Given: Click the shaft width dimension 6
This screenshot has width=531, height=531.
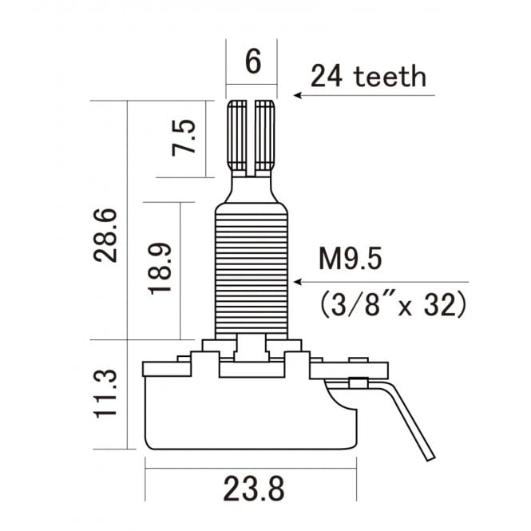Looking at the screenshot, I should pos(252,62).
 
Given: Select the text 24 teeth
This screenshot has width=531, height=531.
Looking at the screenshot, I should pos(368,77).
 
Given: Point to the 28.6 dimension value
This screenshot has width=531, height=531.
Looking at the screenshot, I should pos(105,236).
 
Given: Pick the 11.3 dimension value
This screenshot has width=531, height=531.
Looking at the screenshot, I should pos(105,392).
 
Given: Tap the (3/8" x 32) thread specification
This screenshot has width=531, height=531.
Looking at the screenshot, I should pos(390,304).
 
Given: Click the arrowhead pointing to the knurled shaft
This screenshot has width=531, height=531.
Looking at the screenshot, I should pos(297,96).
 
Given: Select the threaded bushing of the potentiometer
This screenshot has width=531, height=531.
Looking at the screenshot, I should pos(252,267).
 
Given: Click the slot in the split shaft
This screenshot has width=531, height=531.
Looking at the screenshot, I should pos(252,136).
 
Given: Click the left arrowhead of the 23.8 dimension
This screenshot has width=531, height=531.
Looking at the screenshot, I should pos(148,471).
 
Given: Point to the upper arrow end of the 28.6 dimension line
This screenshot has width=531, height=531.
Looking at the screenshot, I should pos(128,104).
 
